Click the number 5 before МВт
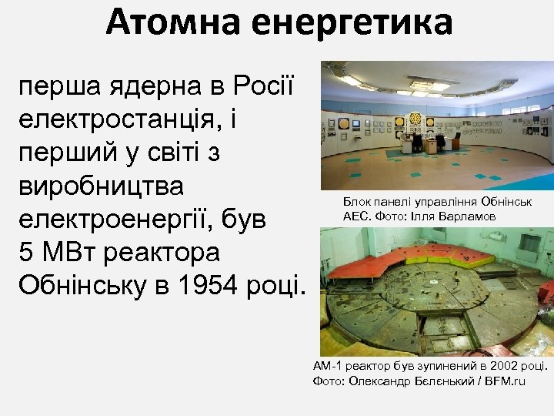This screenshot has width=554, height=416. pos(24,253)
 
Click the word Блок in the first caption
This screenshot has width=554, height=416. pos(357,202)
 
